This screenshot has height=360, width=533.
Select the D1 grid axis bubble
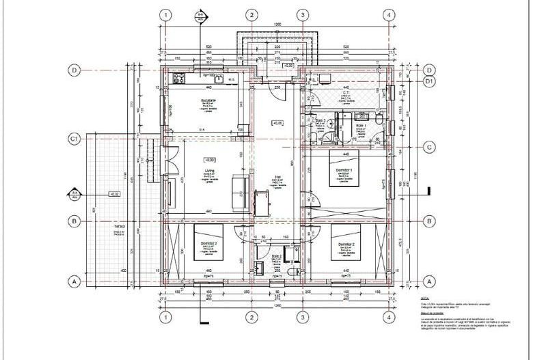pyautogui.click(x=430, y=82)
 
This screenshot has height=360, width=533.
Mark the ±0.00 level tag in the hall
pyautogui.click(x=277, y=124)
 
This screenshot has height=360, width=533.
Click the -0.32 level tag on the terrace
pyautogui.click(x=114, y=194)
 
